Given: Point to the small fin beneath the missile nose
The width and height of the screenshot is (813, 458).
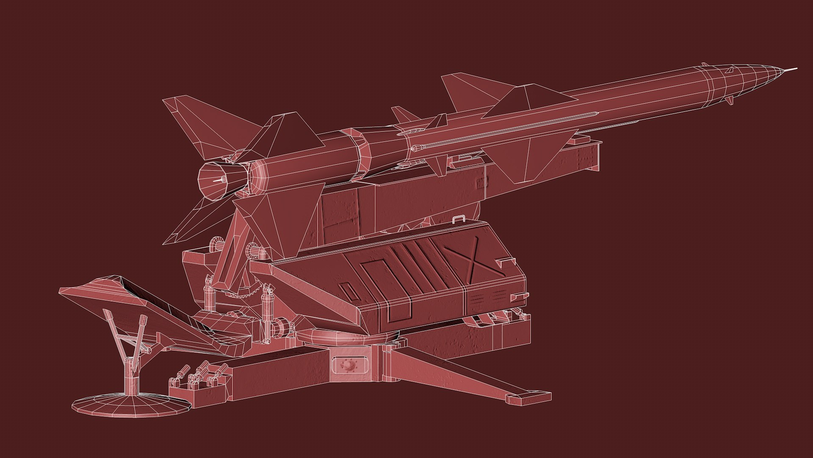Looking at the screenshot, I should [729, 100].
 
